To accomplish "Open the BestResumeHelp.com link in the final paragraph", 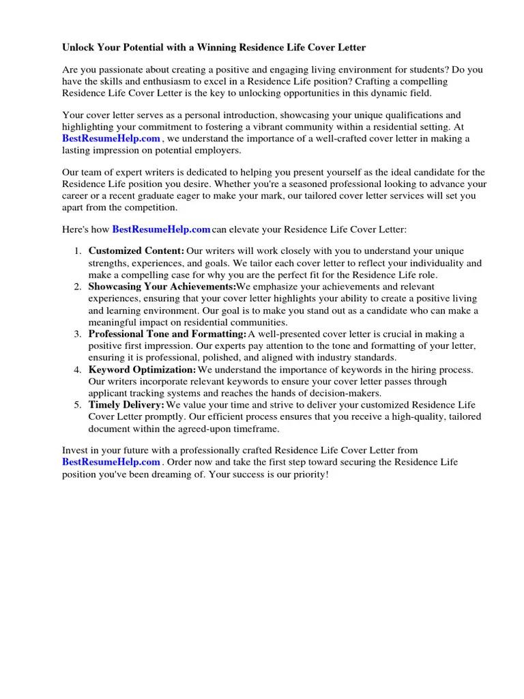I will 111,462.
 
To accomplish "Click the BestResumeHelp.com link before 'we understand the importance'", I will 111,139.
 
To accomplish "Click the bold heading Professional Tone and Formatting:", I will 167,334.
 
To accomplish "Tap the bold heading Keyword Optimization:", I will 142,369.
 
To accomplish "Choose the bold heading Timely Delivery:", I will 126,405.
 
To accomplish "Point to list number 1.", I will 78,251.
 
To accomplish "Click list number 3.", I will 78,334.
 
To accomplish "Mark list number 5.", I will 78,405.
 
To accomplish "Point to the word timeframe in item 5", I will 256,429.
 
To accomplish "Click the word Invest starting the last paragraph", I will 76,451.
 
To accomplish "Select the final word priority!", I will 308,474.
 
